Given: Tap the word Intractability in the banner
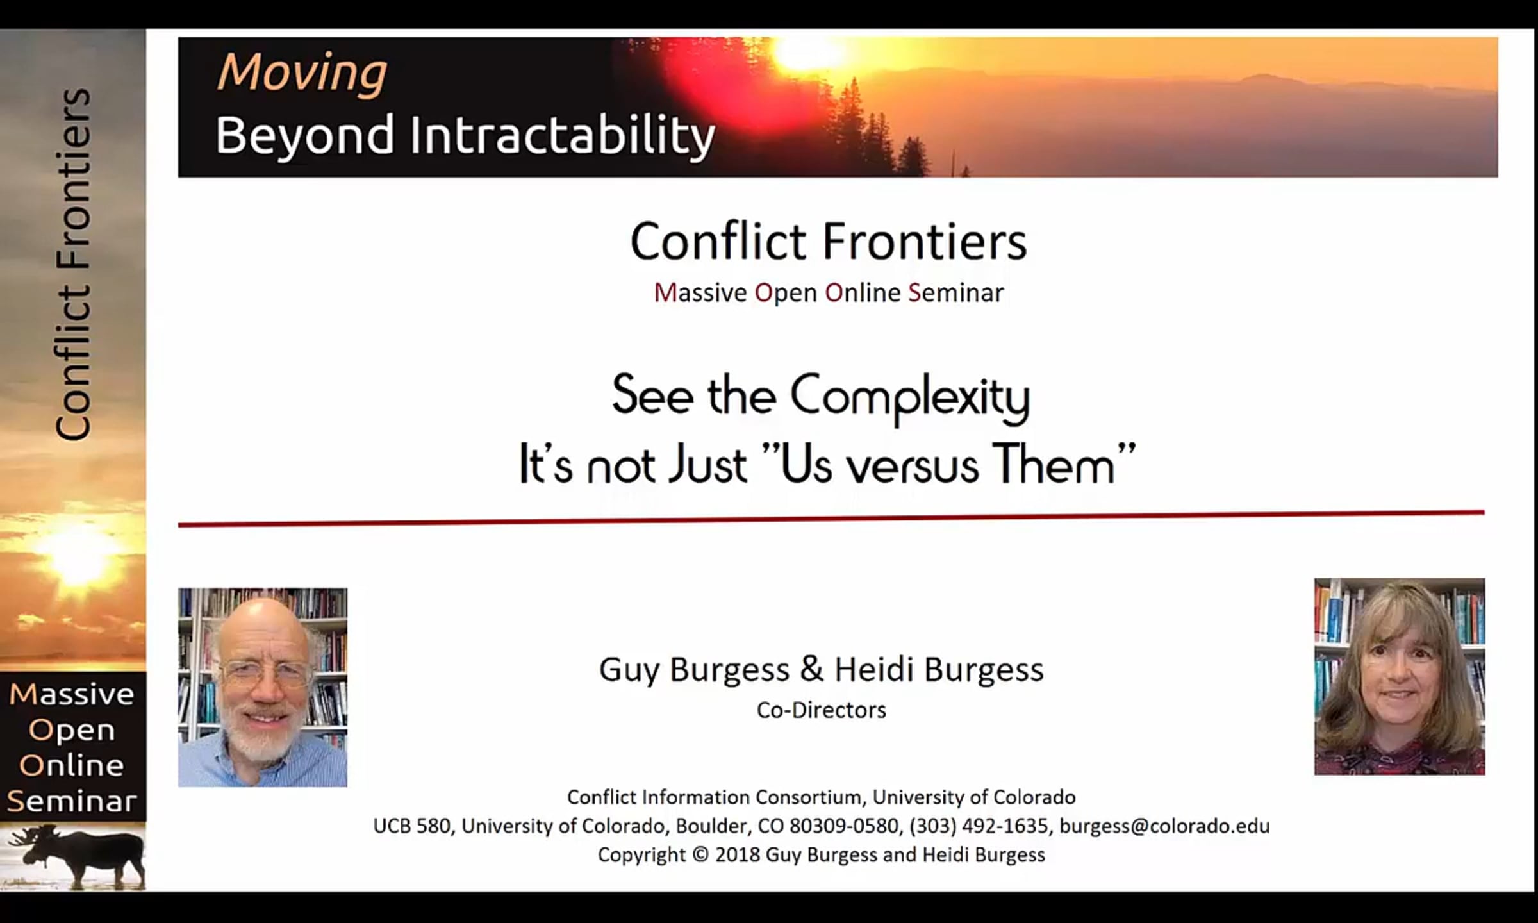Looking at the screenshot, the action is pos(562,136).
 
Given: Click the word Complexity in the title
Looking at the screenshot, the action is pos(910,398).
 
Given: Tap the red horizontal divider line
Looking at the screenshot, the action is pos(831,519).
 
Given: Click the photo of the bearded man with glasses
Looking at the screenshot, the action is pos(263,687).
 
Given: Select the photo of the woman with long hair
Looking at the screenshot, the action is pos(1400,677).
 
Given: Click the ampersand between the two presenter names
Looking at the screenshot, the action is pos(811,669).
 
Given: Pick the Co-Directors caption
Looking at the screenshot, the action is pos(822,710).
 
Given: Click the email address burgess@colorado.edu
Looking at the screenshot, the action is pos(1164,826).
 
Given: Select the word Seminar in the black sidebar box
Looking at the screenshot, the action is pos(72,801).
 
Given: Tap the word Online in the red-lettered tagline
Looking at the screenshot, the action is pos(863,293).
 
